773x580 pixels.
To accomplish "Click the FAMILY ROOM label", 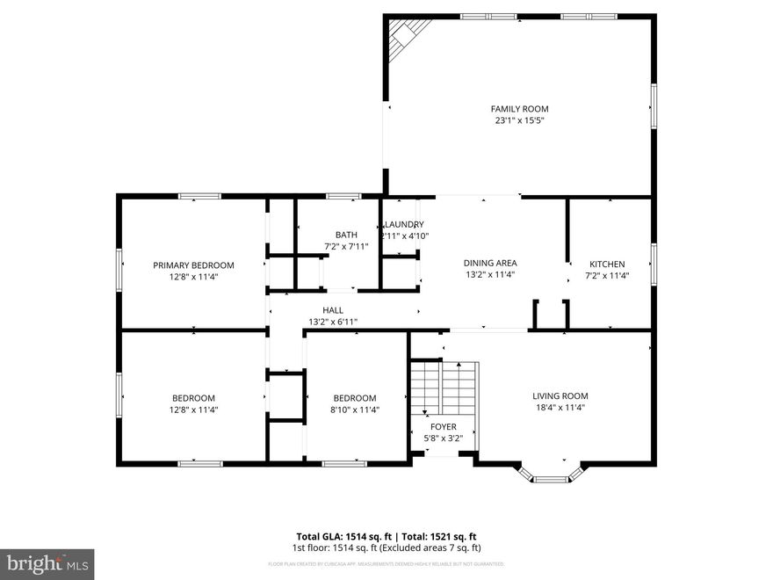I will coord(519,109).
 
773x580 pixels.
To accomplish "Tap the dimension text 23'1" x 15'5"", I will coord(519,121).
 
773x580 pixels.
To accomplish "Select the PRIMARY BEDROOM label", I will coord(193,265).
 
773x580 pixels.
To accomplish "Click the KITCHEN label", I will coord(607,264).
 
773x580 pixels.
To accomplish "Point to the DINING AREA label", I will coord(490,263).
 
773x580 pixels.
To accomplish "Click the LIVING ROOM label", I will coord(560,395).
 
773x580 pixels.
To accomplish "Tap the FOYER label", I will coord(443,427).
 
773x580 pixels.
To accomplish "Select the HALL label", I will coord(333,310).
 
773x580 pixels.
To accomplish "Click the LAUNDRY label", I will coord(404,224).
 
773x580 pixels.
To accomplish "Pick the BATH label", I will coord(346,235).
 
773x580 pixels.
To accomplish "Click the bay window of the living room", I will coord(551,477).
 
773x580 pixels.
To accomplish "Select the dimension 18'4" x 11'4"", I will coord(560,407).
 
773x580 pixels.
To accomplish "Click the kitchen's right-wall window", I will coord(653,264).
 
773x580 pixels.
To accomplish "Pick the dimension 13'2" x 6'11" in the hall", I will coord(333,322).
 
